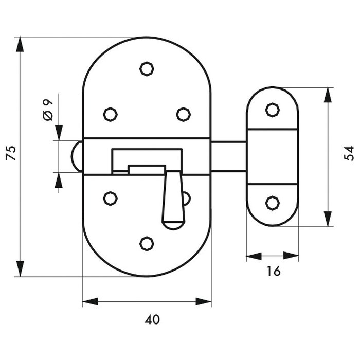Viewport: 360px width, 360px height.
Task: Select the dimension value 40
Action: pos(152,319)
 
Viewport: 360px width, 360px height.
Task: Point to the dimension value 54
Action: pos(349,153)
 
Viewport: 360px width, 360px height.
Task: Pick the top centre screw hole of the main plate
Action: pos(147,68)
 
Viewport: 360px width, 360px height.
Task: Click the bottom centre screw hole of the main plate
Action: pos(147,244)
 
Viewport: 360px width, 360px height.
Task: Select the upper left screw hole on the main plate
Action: pos(110,114)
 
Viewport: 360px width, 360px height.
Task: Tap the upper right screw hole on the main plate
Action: pos(184,114)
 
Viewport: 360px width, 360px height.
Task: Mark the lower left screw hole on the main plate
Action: pos(110,197)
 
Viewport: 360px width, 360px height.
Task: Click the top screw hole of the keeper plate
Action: pos(272,109)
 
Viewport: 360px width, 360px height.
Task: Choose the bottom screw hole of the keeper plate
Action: pos(272,203)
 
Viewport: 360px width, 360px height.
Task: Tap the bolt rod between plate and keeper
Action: pos(228,156)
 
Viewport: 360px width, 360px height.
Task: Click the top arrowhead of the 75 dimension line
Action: pos(20,44)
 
